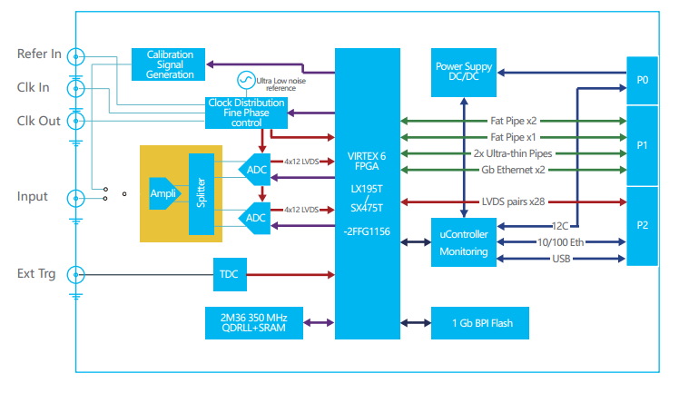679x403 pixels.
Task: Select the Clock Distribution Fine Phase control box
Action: coord(247,113)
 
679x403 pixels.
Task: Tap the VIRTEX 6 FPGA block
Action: coord(368,192)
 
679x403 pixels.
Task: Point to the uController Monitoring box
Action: coord(464,242)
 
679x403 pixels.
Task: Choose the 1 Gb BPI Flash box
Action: coord(478,322)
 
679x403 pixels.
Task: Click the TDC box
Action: coord(227,271)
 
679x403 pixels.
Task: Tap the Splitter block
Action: coord(201,192)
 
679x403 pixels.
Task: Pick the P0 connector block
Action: coord(642,80)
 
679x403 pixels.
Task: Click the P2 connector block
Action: coord(642,225)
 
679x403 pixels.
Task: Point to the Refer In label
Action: coord(39,54)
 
